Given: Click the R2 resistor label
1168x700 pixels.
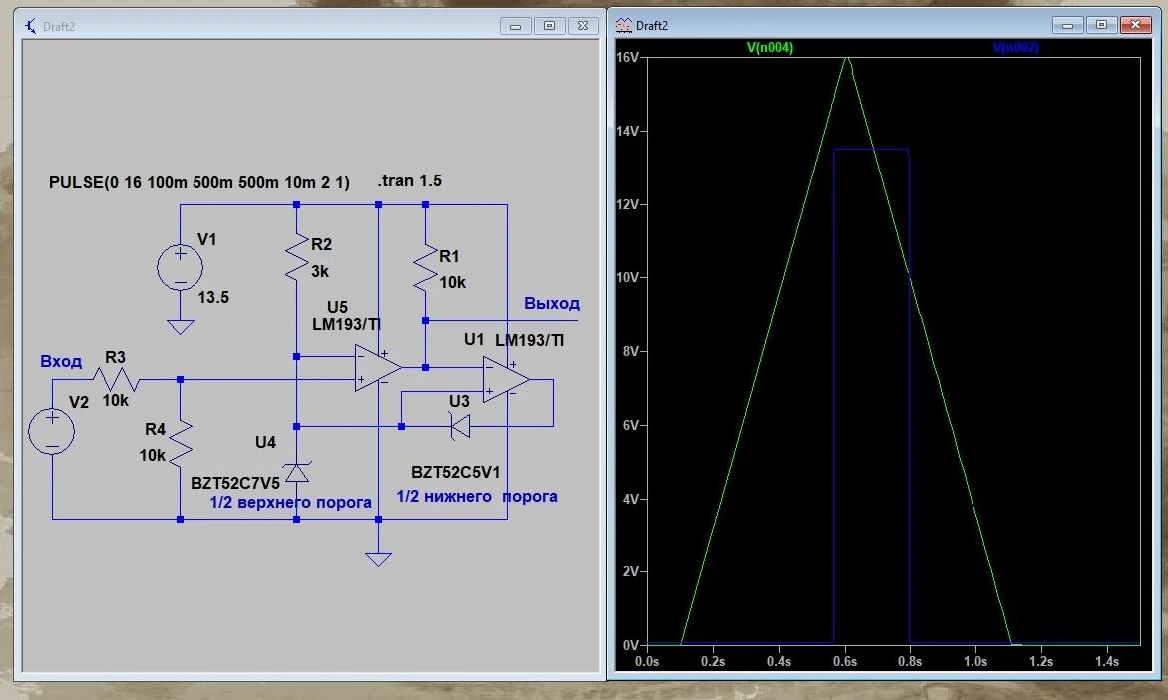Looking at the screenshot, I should click(321, 244).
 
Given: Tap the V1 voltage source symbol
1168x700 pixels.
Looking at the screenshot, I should click(181, 268).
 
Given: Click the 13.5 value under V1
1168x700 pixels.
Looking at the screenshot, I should click(214, 297).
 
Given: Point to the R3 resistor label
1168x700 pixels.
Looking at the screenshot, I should click(115, 357).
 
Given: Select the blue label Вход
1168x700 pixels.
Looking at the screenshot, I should click(61, 361).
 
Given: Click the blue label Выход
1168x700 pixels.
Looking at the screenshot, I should click(552, 304).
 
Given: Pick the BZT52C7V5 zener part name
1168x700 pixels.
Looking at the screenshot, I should click(235, 483).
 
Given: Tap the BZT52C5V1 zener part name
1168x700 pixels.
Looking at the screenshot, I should click(456, 471).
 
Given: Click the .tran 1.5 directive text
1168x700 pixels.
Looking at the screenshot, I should click(409, 181).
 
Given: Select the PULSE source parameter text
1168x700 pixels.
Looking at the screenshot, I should click(199, 183).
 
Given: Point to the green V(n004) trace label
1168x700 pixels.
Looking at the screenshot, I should click(770, 47).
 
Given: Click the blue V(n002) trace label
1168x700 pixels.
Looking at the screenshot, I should click(1016, 47).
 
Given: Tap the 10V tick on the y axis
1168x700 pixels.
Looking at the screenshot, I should click(629, 277).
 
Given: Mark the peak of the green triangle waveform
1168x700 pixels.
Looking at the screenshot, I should click(847, 58).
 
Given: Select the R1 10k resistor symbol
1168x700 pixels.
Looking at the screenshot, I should click(425, 267).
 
